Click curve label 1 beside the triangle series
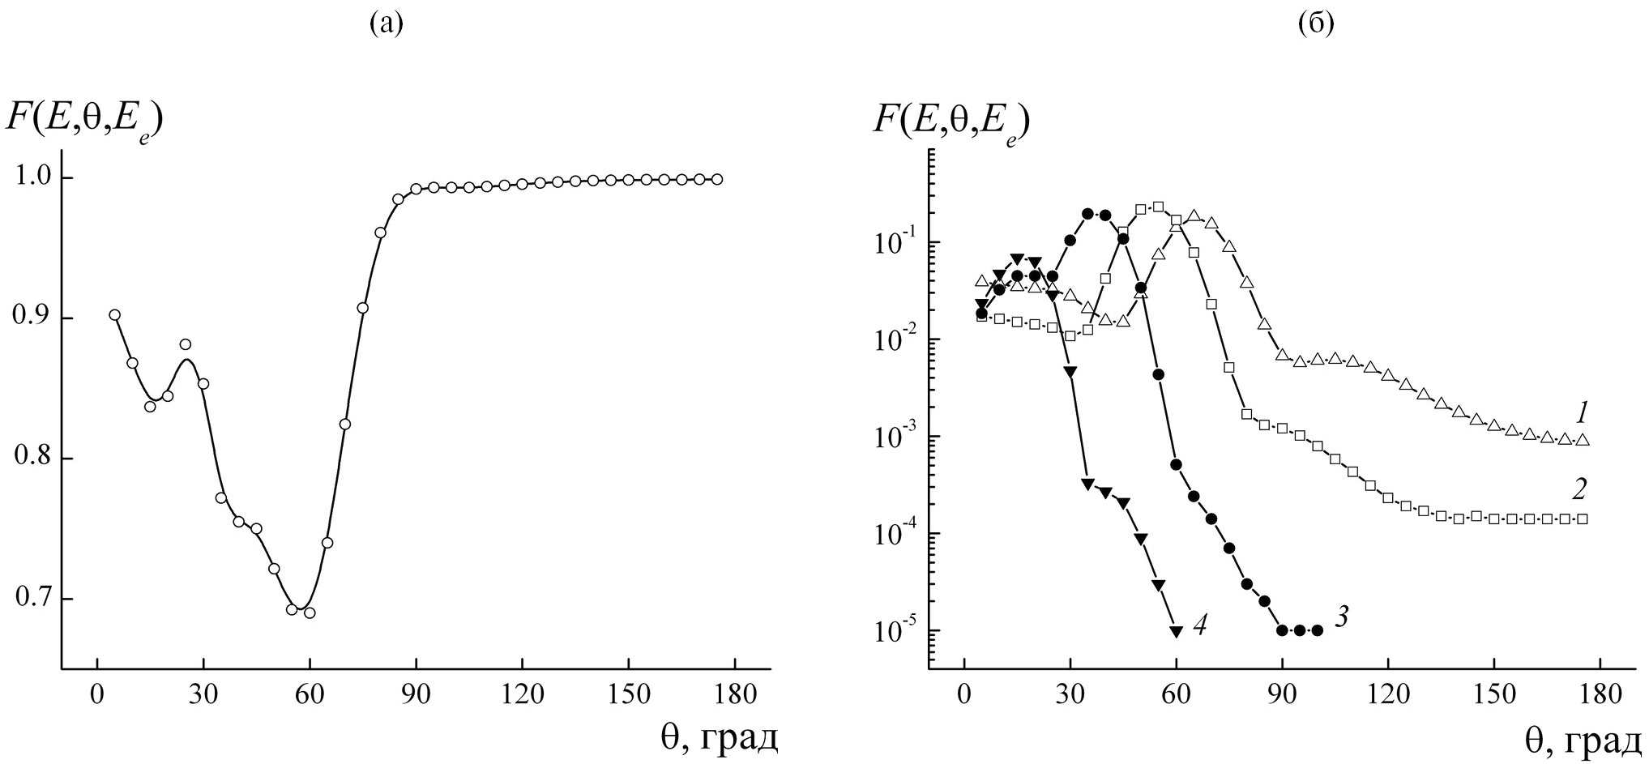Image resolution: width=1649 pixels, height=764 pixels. click(1581, 414)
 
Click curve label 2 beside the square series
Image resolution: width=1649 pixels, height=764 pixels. click(1579, 489)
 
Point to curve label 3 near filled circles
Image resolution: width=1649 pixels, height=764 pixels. click(1341, 617)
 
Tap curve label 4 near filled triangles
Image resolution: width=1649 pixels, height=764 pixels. click(1201, 625)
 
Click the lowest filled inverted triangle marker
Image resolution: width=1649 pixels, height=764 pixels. click(1176, 631)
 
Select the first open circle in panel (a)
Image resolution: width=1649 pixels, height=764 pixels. click(114, 315)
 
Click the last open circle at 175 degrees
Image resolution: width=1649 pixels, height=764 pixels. click(717, 179)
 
